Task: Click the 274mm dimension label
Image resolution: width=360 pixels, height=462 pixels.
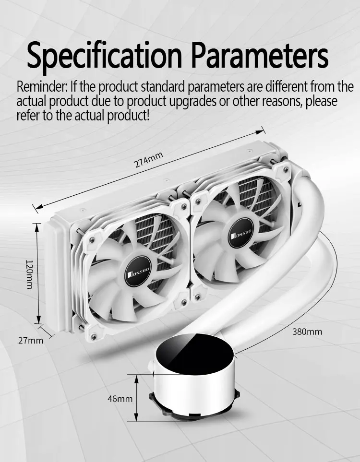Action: [149, 161]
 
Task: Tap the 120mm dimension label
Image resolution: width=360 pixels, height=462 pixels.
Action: [29, 274]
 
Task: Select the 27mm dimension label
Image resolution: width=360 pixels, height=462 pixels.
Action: [30, 341]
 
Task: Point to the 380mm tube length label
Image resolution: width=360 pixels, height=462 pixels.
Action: [307, 332]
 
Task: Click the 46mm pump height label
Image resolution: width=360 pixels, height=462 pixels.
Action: [120, 398]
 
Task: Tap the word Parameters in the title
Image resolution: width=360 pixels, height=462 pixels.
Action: [260, 56]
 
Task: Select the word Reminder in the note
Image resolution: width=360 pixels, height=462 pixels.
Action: [42, 88]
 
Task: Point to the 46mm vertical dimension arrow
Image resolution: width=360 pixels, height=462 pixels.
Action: [138, 398]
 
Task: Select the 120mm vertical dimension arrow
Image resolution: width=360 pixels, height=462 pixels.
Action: [38, 274]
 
